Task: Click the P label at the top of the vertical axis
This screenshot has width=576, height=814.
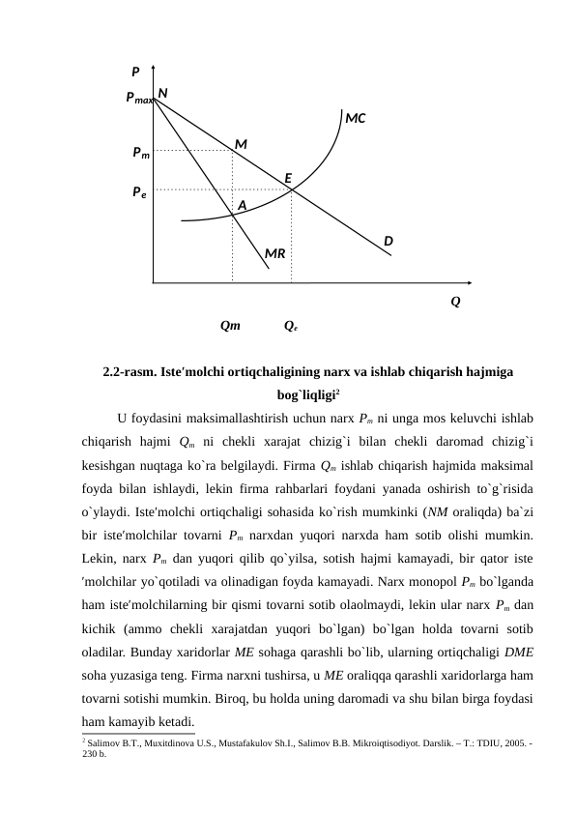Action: [x=136, y=71]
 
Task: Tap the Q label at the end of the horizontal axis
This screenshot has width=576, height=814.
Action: [x=455, y=302]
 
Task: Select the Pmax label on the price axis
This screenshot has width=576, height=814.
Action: [x=139, y=99]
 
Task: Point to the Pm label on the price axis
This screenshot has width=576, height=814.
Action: [x=141, y=152]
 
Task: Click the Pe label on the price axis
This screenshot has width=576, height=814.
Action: [x=140, y=191]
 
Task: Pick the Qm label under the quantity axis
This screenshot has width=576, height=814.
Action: [x=231, y=327]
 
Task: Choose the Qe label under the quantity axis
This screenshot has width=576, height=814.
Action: [x=290, y=327]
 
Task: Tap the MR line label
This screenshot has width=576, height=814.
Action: [x=275, y=253]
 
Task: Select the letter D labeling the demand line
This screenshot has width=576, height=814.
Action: [x=388, y=240]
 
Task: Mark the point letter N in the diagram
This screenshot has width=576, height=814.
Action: [x=163, y=92]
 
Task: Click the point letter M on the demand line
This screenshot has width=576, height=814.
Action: [x=241, y=144]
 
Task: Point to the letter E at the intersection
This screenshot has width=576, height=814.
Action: [x=288, y=178]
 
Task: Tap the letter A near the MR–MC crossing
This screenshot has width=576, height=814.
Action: [x=242, y=206]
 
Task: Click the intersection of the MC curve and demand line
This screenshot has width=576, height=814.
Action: [x=292, y=189]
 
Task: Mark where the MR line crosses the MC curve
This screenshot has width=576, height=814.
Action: [x=233, y=215]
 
